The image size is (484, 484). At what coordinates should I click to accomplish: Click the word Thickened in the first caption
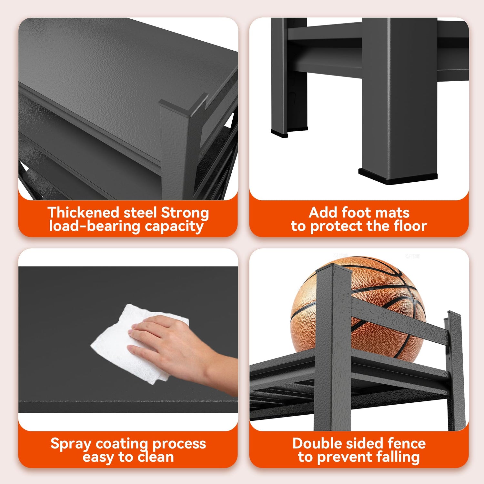[x=84, y=213]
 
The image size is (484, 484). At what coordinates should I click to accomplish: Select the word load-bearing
[x=95, y=227]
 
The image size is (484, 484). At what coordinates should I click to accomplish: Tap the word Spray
[x=71, y=444]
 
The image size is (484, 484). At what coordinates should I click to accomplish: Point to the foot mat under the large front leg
[x=398, y=177]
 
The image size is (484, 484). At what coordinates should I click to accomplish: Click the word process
[x=179, y=444]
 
